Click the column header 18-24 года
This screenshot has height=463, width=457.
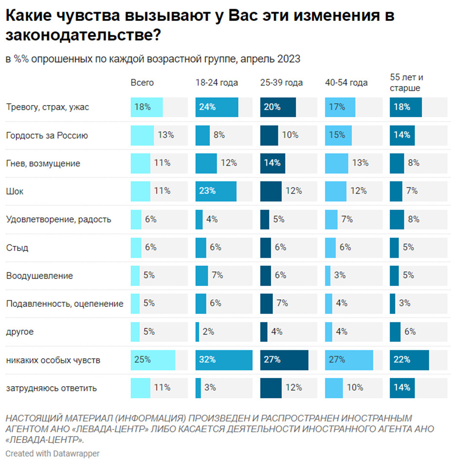pyautogui.click(x=217, y=83)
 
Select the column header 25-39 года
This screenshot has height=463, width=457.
pyautogui.click(x=281, y=83)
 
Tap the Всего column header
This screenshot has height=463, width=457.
pyautogui.click(x=142, y=83)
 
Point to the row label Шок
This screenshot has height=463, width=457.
pyautogui.click(x=15, y=192)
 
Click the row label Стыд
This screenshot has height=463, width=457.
pyautogui.click(x=17, y=248)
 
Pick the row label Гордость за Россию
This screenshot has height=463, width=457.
pyautogui.click(x=47, y=135)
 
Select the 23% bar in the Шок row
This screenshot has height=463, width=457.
pyautogui.click(x=216, y=191)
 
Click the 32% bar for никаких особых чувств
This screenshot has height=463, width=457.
pyautogui.click(x=224, y=360)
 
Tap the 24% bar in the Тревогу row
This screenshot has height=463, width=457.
pyautogui.click(x=217, y=107)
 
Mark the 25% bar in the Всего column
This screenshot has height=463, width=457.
pyautogui.click(x=153, y=360)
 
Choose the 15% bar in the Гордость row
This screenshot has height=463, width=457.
pyautogui.click(x=338, y=135)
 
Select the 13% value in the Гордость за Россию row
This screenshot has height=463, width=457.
pyautogui.click(x=165, y=135)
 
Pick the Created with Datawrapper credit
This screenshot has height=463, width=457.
pyautogui.click(x=53, y=453)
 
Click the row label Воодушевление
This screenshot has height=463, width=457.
pyautogui.click(x=39, y=276)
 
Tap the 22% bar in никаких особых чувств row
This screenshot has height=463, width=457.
pyautogui.click(x=409, y=360)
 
